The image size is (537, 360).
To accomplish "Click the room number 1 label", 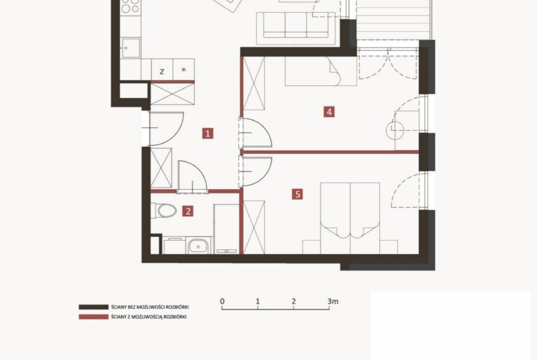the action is point(207,133).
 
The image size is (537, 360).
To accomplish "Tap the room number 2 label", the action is point(188,211).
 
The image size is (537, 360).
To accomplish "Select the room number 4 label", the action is point(329,111).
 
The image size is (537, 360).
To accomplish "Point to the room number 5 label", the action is point(297,194).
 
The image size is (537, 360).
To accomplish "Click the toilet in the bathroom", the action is point(164,211).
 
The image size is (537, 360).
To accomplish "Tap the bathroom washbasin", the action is point(198,246).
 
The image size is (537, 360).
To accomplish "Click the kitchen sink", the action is point(130,48).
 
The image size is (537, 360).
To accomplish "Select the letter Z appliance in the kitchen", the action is point(162,72).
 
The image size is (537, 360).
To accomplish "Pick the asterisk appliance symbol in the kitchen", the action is point(184,69).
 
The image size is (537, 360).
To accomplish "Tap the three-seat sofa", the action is point(296,28).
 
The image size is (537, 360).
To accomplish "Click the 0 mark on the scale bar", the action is point(222,301).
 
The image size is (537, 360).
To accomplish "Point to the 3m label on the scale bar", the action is point(333,301).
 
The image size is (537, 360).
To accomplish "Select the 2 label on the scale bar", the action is point(293,301).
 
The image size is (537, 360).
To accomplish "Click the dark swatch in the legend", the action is point(94,307).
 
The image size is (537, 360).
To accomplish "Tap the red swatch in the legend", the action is point(94,317).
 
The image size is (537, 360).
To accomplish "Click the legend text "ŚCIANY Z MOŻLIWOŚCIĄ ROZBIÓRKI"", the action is point(149,317).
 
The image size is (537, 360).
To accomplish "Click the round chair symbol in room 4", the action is point(395,130).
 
